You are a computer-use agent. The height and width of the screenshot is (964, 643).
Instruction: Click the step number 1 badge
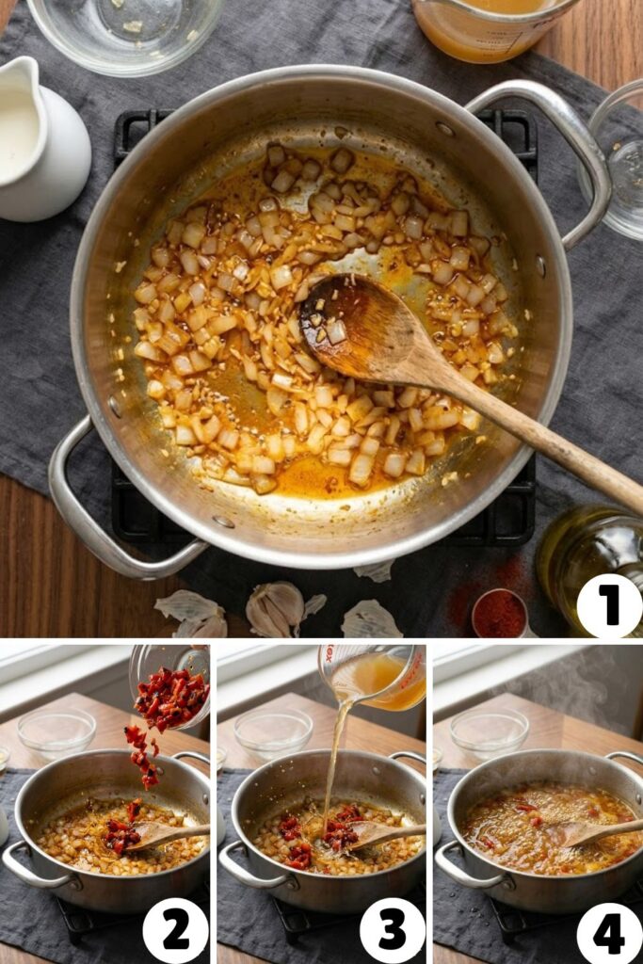[x=609, y=605]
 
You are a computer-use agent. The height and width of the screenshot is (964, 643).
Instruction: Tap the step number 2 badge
[x=175, y=930]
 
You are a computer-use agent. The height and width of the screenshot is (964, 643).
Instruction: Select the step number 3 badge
[x=392, y=930]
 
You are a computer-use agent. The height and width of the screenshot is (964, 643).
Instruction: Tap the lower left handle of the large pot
[x=94, y=527]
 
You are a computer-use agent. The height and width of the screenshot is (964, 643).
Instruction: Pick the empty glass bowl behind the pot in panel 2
[x=56, y=731]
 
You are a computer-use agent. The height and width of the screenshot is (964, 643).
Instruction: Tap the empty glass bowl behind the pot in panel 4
[x=489, y=731]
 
